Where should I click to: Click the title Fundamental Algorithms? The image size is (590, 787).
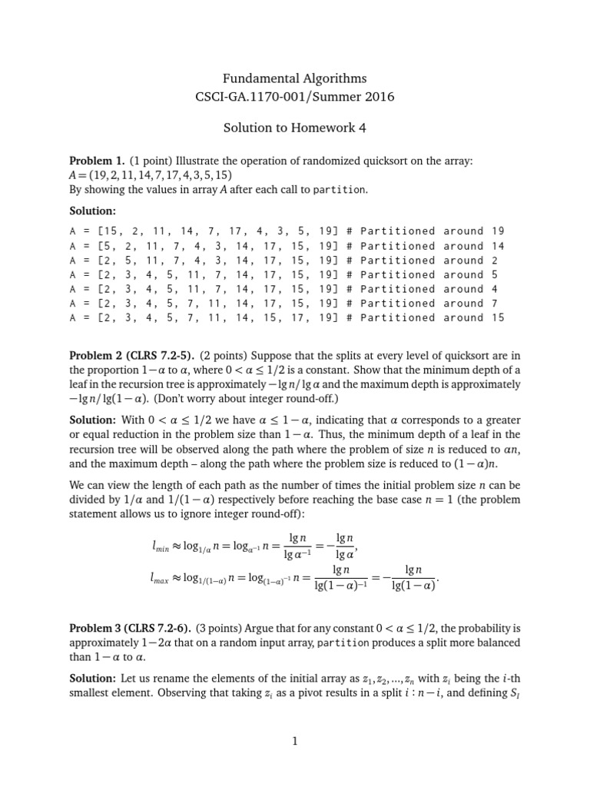point(294,78)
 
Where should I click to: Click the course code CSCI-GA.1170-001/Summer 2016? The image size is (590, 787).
point(294,98)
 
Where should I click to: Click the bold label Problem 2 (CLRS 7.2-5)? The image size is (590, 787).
point(134,354)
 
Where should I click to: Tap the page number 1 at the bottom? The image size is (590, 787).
point(294,741)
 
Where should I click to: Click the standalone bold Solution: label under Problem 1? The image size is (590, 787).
point(93,210)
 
